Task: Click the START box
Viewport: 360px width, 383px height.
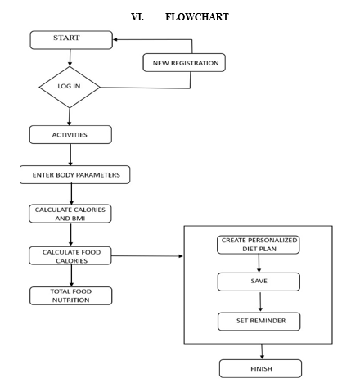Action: (71, 40)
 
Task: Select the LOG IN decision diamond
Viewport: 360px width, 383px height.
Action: (70, 87)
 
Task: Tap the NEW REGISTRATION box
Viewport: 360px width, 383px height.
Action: (184, 63)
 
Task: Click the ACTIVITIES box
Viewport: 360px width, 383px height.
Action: (70, 135)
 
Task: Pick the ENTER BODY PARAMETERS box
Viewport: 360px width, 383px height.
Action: (74, 174)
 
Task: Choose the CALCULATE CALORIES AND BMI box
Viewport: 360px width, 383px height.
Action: (70, 214)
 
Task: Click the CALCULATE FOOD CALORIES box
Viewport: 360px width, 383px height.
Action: (70, 255)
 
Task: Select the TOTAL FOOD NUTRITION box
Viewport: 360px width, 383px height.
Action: (70, 295)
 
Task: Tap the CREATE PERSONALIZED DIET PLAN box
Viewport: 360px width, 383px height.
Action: (259, 245)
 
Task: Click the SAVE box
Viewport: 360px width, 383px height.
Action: (259, 282)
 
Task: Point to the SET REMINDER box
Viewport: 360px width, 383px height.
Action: (259, 322)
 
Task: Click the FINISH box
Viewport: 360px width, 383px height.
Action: (260, 368)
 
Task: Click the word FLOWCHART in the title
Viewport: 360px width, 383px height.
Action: (197, 17)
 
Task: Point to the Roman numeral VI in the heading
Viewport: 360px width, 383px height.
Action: (137, 17)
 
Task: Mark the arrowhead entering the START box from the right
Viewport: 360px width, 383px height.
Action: (115, 39)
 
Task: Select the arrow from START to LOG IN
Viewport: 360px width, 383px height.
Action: (70, 58)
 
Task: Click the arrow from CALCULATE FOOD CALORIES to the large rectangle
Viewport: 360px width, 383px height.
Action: (147, 256)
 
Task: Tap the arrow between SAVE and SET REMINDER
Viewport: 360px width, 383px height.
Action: (260, 302)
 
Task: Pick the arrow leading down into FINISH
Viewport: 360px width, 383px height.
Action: (262, 351)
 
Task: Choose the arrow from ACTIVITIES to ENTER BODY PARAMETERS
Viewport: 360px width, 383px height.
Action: (70, 155)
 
